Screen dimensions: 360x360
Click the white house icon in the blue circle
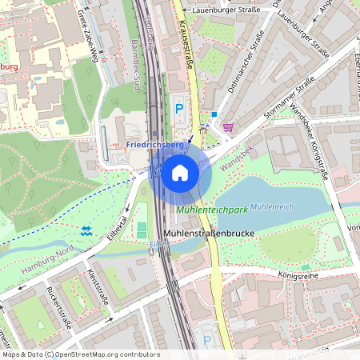[180, 173]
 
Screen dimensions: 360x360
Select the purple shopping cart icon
[229, 126]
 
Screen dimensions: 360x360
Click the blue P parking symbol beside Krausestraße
[179, 107]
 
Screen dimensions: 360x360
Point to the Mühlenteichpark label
[211, 210]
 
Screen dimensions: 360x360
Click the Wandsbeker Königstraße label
[311, 140]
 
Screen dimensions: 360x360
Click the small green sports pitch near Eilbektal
[142, 230]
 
